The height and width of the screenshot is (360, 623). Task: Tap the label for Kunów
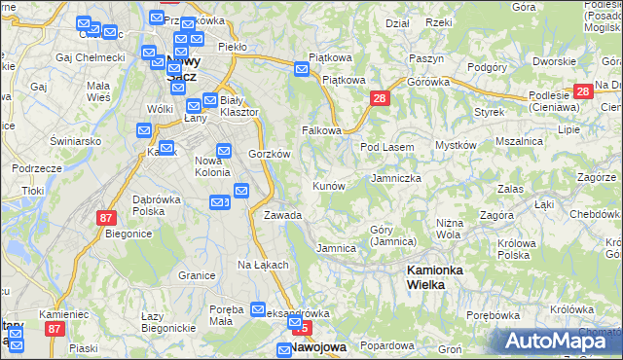tap(327, 186)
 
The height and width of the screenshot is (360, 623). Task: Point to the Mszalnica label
tap(518, 141)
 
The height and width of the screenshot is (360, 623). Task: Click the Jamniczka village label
tap(396, 179)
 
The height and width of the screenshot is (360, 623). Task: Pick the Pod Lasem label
tap(387, 147)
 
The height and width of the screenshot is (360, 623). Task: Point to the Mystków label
tap(455, 145)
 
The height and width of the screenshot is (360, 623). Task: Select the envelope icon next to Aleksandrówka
tap(258, 310)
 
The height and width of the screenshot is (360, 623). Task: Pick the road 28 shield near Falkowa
tap(380, 98)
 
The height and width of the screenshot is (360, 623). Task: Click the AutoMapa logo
tap(559, 341)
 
